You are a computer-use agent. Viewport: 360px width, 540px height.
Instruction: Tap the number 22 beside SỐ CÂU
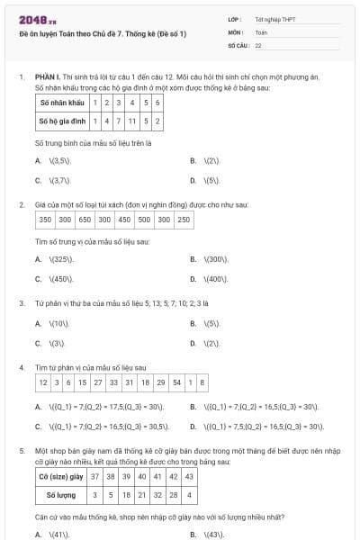tap(258, 44)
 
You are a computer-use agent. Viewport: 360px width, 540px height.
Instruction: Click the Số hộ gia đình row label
tap(60, 120)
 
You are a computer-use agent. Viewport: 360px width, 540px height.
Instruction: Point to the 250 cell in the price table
tap(183, 219)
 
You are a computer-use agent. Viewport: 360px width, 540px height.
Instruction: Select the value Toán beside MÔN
tap(261, 31)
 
